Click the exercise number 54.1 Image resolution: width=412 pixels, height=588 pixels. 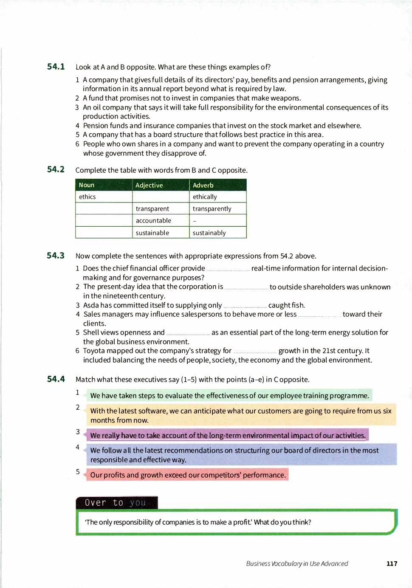point(56,67)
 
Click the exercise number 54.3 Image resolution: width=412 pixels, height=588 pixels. point(56,256)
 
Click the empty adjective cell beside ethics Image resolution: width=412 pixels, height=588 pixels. point(161,197)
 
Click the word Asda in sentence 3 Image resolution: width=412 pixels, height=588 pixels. point(91,305)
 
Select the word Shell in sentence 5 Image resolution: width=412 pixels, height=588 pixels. point(91,332)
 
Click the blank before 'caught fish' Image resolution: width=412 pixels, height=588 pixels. point(245,306)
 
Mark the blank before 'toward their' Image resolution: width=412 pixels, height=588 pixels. point(319,315)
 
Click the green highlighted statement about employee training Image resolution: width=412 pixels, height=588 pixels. point(229,396)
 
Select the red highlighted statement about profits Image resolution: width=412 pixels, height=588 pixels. point(188,475)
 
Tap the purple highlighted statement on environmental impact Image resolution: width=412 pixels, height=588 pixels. point(228,436)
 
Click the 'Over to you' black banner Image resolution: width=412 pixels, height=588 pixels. point(116,503)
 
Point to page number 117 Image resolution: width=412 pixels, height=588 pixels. point(392,564)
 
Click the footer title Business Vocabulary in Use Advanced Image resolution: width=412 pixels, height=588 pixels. point(297,564)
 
